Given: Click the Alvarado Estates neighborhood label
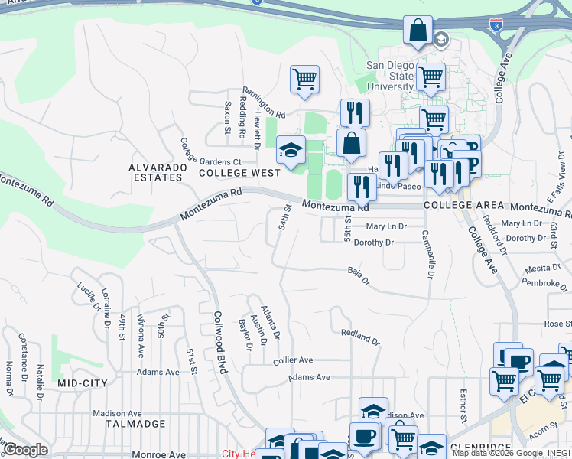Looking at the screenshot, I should (155, 172).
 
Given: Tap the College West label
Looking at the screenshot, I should (240, 174).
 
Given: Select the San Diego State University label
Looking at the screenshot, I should (390, 76).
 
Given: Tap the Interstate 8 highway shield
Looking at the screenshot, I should (496, 25).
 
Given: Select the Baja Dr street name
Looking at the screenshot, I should (358, 276).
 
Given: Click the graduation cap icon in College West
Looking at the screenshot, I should (291, 149).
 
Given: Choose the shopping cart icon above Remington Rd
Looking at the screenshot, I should (304, 78).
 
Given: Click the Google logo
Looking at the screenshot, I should (26, 449).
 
